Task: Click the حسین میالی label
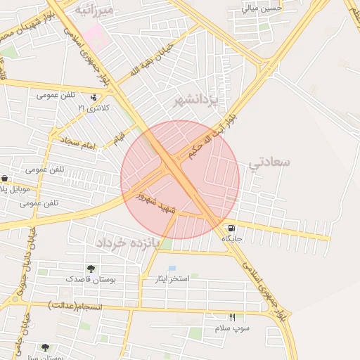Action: [262, 8]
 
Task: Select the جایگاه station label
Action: [232, 239]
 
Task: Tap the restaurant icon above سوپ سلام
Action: [233, 318]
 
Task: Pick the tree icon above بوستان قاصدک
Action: [91, 269]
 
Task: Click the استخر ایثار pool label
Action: [172, 279]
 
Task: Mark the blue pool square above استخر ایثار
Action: [172, 269]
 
